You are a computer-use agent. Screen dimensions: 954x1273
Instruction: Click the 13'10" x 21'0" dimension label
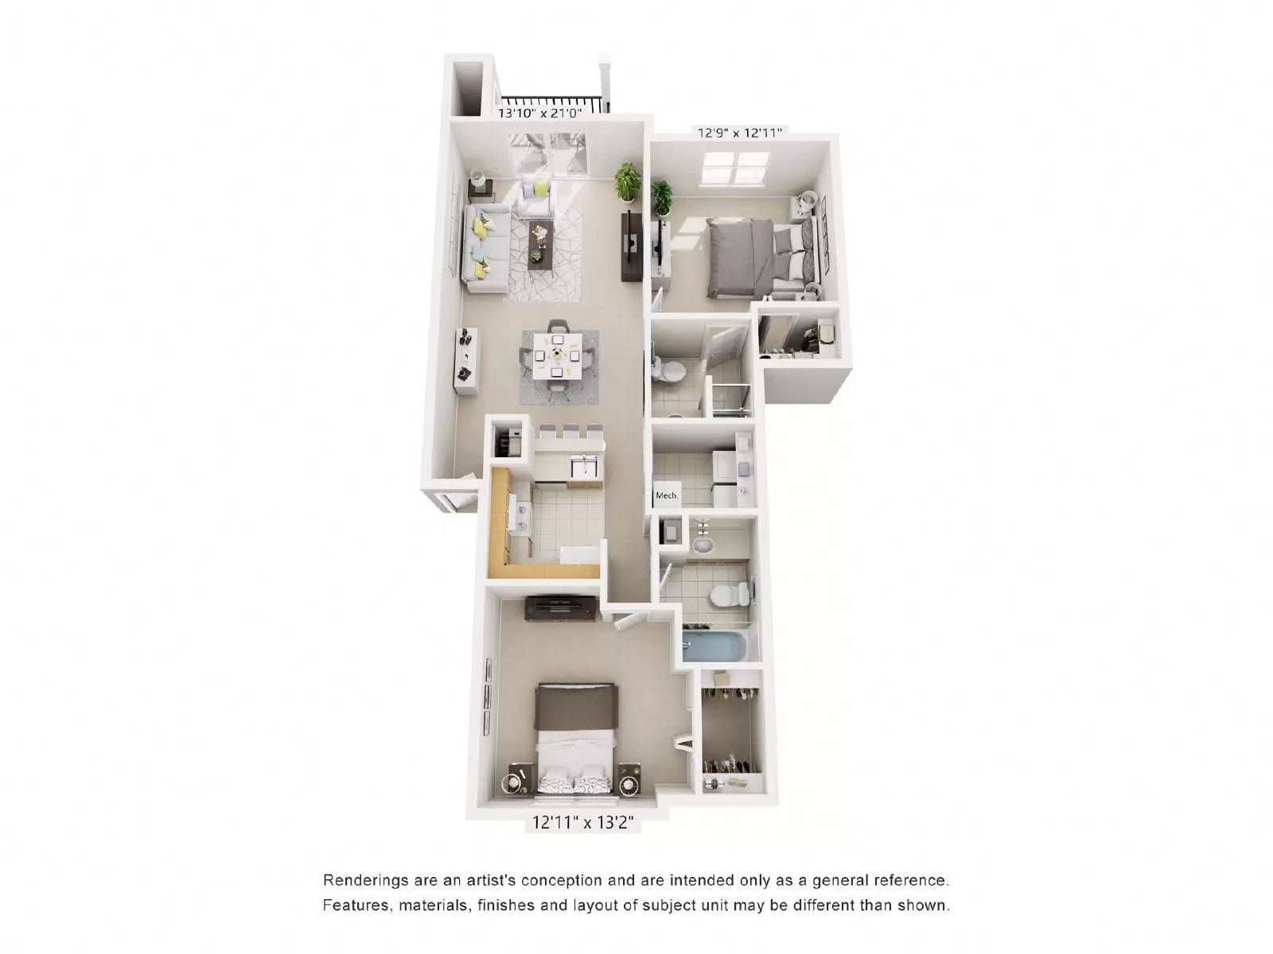540,113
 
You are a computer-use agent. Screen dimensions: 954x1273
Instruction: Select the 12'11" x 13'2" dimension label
583,824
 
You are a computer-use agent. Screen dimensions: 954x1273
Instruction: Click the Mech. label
667,495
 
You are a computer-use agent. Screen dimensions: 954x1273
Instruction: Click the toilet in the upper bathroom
673,370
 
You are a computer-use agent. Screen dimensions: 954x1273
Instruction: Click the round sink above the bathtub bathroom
702,545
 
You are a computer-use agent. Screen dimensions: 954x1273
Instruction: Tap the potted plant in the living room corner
628,181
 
